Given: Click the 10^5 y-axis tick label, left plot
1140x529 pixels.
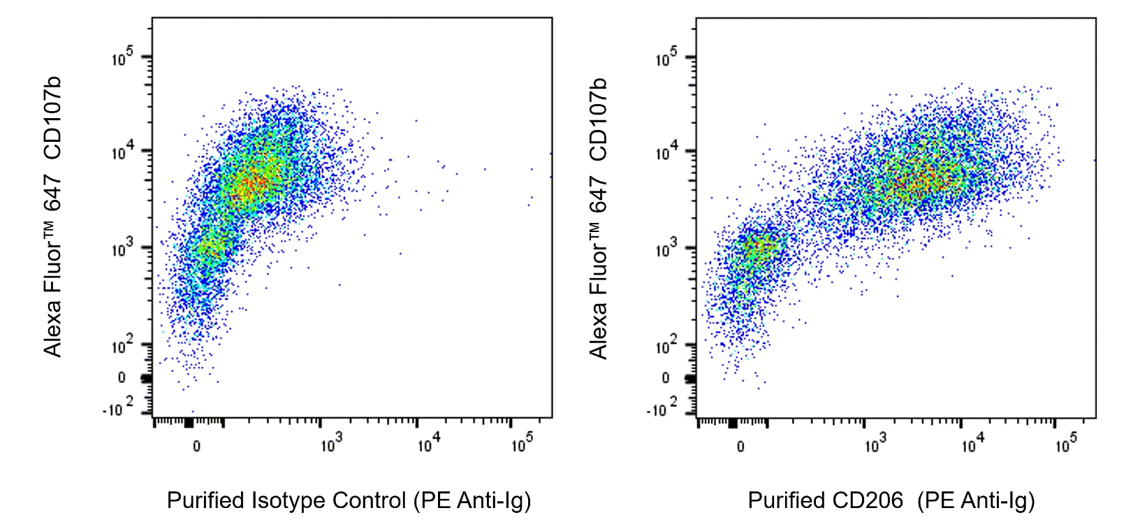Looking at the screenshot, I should pyautogui.click(x=122, y=58).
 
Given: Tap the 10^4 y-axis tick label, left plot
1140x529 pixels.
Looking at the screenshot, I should pyautogui.click(x=122, y=152).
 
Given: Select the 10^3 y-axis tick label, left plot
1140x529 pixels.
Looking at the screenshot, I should pyautogui.click(x=122, y=249).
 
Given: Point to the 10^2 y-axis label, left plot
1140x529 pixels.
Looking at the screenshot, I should pyautogui.click(x=122, y=345).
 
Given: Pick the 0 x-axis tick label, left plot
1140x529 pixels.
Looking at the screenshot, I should pyautogui.click(x=196, y=447).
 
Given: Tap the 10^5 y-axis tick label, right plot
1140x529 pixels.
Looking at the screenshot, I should pyautogui.click(x=666, y=58).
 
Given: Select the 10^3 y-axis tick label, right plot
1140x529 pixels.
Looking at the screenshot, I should pyautogui.click(x=666, y=249).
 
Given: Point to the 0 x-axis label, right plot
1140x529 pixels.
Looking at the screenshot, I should pyautogui.click(x=740, y=447).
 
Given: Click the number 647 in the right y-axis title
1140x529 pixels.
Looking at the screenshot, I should pyautogui.click(x=598, y=194).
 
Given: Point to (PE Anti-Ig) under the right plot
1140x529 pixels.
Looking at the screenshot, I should pyautogui.click(x=976, y=501).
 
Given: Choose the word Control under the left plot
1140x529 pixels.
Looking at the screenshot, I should pyautogui.click(x=369, y=501).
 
